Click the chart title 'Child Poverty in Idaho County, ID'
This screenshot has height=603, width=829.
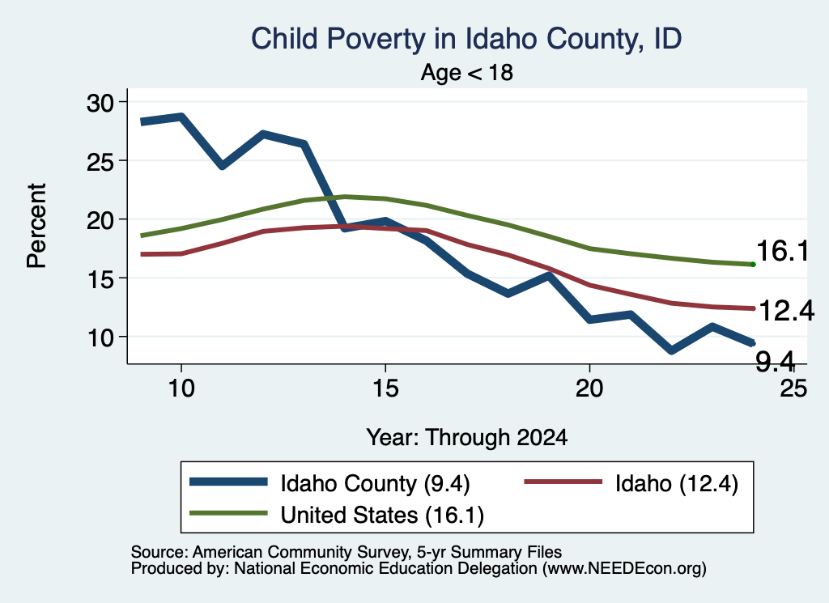pyautogui.click(x=466, y=39)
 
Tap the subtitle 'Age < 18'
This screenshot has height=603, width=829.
pyautogui.click(x=467, y=72)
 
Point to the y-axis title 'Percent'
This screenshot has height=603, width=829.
pyautogui.click(x=36, y=226)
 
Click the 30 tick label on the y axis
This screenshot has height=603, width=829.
pyautogui.click(x=100, y=103)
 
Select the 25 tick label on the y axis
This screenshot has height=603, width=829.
pyautogui.click(x=100, y=161)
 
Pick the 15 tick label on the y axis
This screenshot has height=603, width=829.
pyautogui.click(x=100, y=279)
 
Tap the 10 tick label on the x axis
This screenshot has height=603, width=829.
pyautogui.click(x=181, y=389)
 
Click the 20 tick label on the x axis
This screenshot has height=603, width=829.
pyautogui.click(x=589, y=389)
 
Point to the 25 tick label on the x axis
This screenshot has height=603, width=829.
pyautogui.click(x=793, y=389)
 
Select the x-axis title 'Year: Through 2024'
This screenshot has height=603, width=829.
pyautogui.click(x=467, y=438)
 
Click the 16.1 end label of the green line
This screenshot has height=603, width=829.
pyautogui.click(x=783, y=250)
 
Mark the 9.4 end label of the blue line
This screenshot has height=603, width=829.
pyautogui.click(x=775, y=362)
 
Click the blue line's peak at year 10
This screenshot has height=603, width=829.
pyautogui.click(x=181, y=117)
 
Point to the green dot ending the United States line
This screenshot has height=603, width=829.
pyautogui.click(x=753, y=264)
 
